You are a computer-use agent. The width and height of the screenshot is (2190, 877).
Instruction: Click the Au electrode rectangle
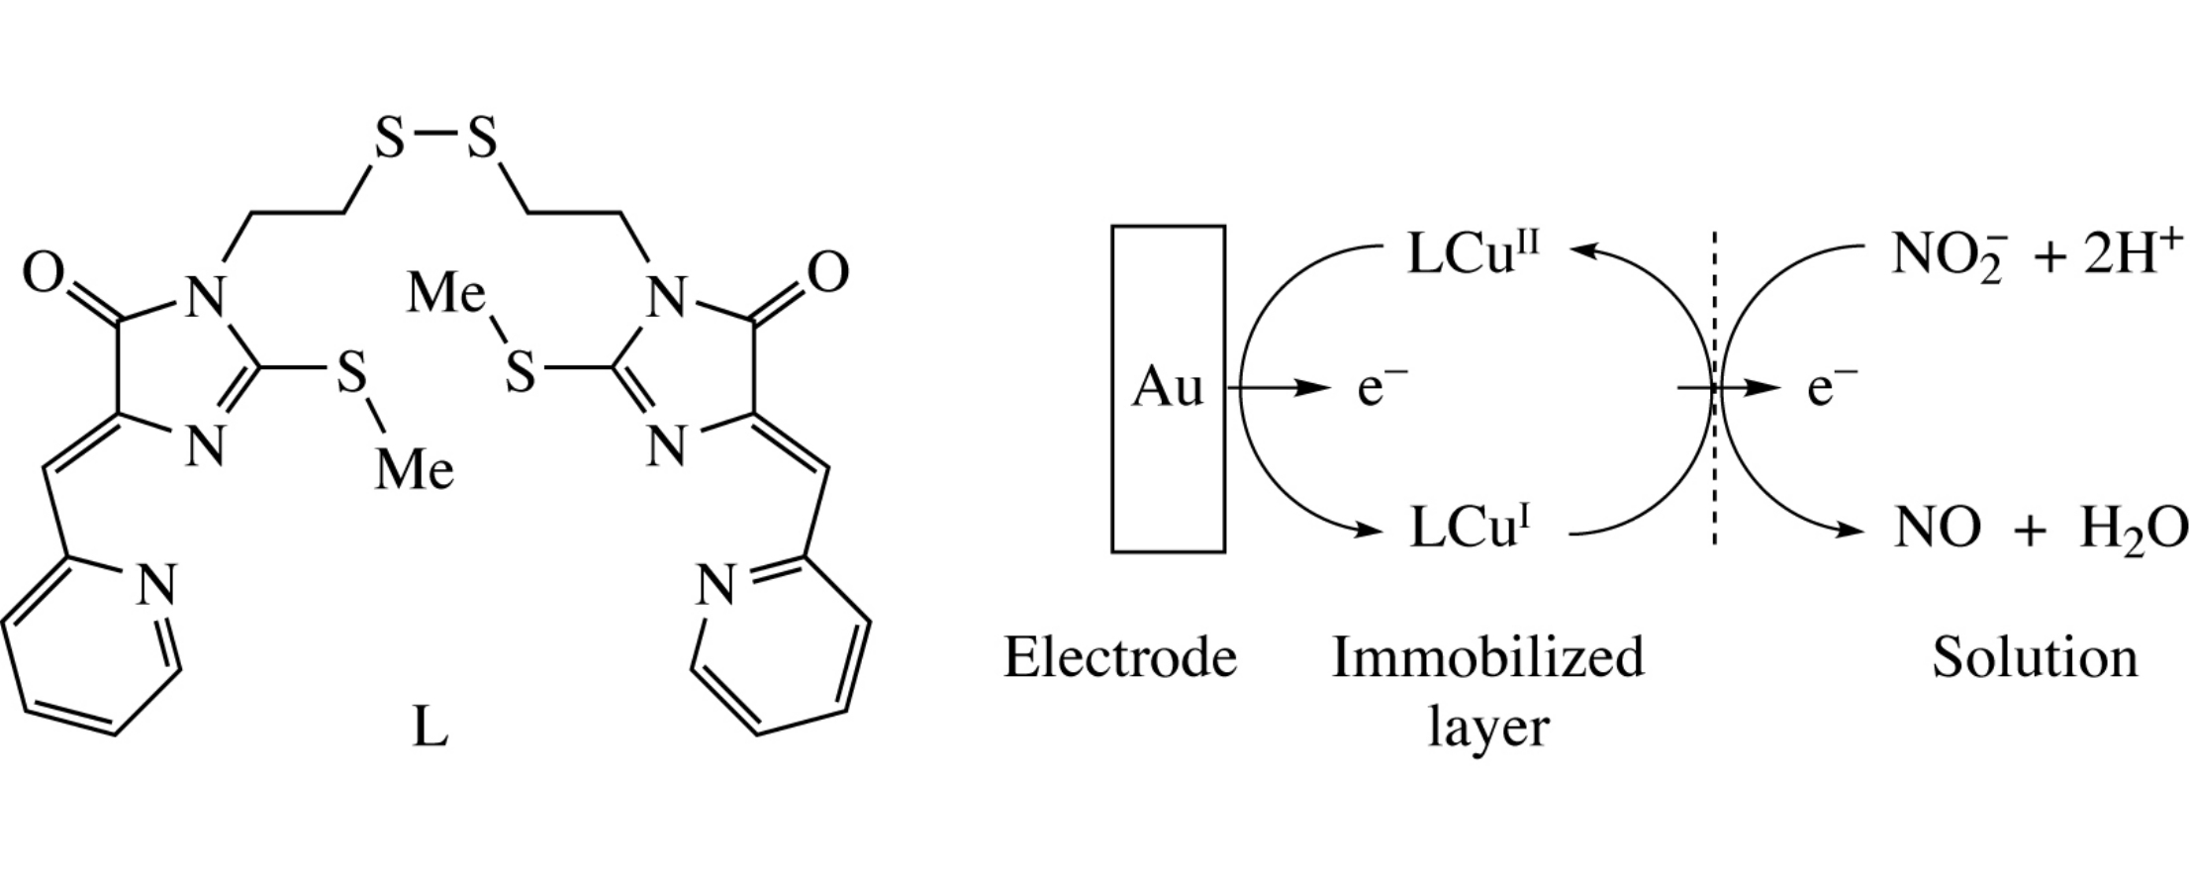point(1168,388)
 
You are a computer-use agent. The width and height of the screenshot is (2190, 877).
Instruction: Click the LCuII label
point(1473,253)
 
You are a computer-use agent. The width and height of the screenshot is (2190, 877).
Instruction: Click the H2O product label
point(2134,529)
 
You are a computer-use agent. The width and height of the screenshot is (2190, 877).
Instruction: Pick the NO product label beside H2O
point(1937,528)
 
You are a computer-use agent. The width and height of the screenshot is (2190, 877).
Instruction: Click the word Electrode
point(1120,657)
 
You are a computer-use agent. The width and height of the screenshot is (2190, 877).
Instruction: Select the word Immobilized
point(1487,657)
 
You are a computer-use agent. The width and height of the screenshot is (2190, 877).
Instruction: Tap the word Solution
point(2035,657)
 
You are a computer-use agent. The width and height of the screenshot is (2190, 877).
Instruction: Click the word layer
point(1487,728)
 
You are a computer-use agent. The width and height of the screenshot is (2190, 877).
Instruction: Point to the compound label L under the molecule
point(429,730)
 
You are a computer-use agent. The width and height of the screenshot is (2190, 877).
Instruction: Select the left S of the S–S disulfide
point(389,139)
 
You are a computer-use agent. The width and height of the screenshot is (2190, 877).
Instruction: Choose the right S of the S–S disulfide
point(482,139)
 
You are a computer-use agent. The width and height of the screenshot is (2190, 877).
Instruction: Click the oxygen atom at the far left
point(44,272)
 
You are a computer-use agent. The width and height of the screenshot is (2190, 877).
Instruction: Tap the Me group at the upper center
point(446,294)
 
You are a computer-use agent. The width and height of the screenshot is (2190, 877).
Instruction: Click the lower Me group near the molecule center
point(415,470)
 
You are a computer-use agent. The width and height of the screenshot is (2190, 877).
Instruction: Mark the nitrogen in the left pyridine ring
point(155,585)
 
